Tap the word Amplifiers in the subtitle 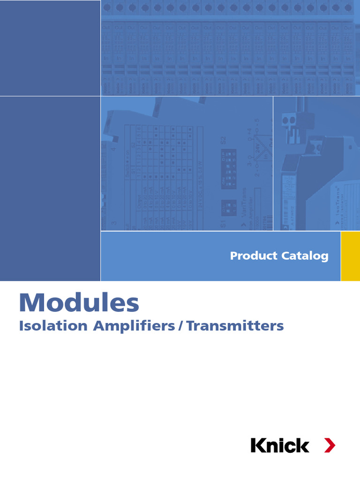134,326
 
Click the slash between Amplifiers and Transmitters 180,326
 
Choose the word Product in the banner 253,256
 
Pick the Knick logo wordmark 280,445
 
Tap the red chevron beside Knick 330,445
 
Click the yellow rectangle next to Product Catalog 350,256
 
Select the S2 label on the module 223,140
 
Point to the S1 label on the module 223,222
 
